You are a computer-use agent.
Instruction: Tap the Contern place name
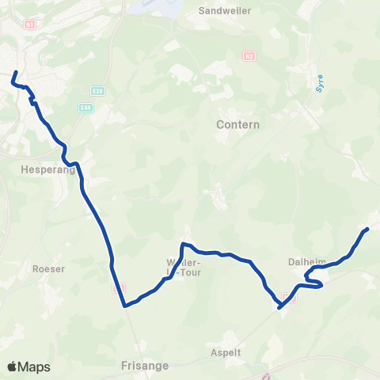tap(237, 125)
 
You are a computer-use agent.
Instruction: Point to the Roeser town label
tap(48, 268)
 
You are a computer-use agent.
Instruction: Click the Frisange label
tap(142, 367)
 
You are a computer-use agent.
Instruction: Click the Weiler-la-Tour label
tap(182, 267)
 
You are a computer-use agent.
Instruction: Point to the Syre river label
tap(320, 83)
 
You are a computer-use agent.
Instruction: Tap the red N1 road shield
tap(30, 25)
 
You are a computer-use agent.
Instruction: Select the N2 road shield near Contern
tap(249, 55)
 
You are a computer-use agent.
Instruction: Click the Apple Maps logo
tap(28, 367)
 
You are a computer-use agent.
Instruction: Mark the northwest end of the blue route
tap(13, 78)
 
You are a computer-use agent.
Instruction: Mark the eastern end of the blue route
tap(367, 229)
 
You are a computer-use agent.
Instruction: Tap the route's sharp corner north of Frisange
tap(125, 304)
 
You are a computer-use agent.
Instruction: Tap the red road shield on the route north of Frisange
tap(119, 289)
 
